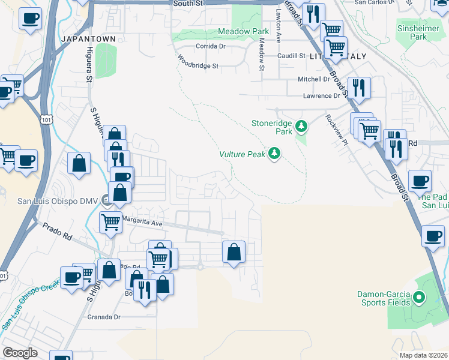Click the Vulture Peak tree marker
coord(274,154)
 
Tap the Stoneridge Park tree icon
coord(301,126)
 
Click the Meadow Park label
coord(235,31)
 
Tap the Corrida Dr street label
coord(210,46)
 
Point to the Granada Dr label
coord(104,317)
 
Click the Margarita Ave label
coord(142,222)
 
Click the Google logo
coord(20,353)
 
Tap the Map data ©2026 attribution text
coord(423,355)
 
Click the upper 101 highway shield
coord(47,121)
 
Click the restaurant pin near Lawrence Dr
coord(358,87)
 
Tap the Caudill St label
coord(291,56)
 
